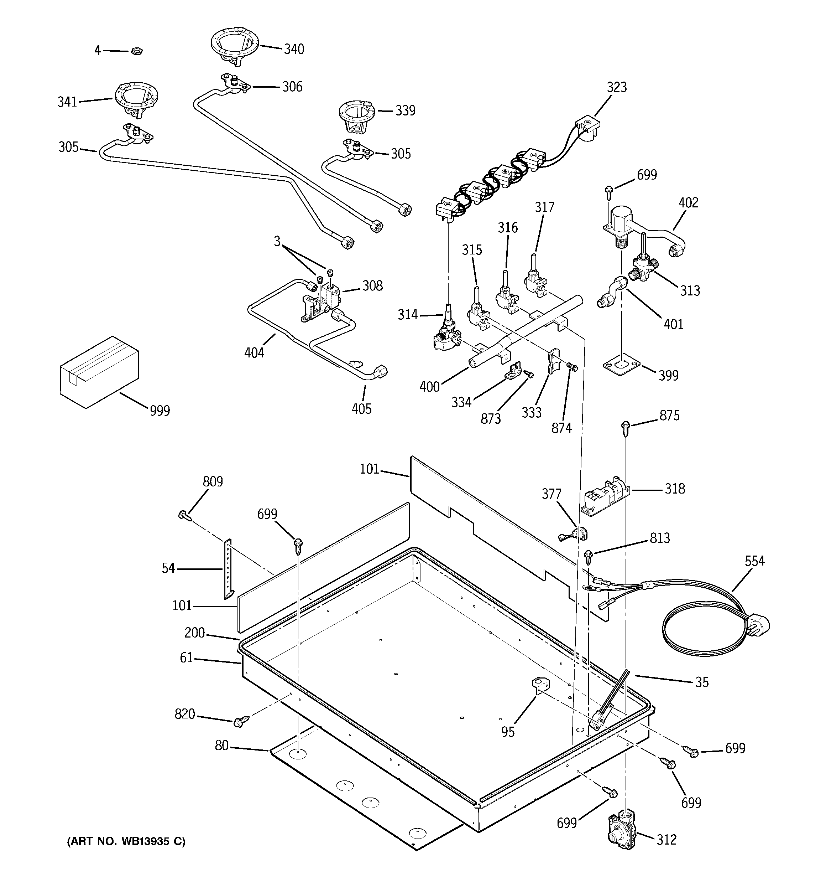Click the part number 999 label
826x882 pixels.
[160, 411]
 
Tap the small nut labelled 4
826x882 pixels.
[136, 51]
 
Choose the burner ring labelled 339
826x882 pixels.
[356, 116]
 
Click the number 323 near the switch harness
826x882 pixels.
[617, 87]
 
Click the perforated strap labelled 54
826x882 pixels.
[228, 569]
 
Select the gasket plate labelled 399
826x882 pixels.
[621, 365]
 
